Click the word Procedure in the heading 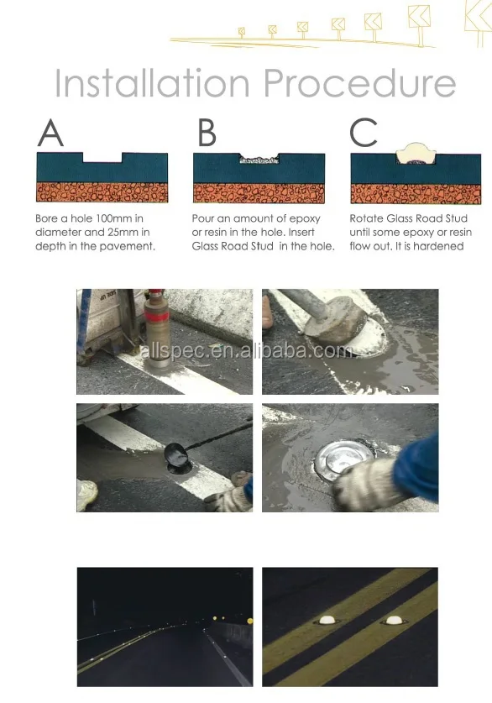tap(360, 84)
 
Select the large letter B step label tap(207, 135)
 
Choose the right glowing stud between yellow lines tap(393, 621)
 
